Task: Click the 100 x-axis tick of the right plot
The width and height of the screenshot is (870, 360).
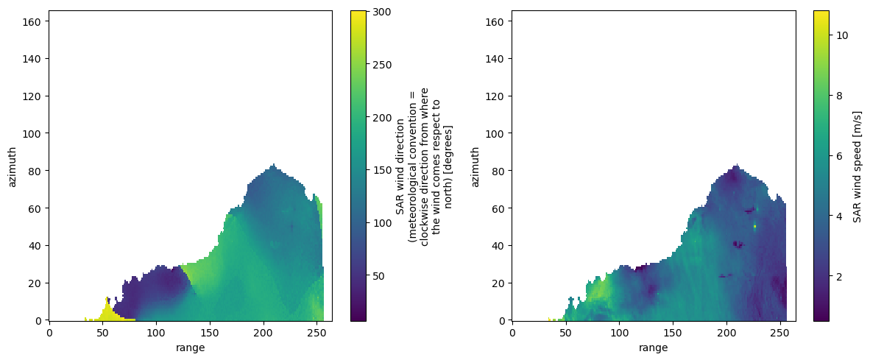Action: point(619,332)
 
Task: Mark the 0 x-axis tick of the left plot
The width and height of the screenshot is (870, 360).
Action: point(49,332)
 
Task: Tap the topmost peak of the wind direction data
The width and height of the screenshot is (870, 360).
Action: point(273,165)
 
